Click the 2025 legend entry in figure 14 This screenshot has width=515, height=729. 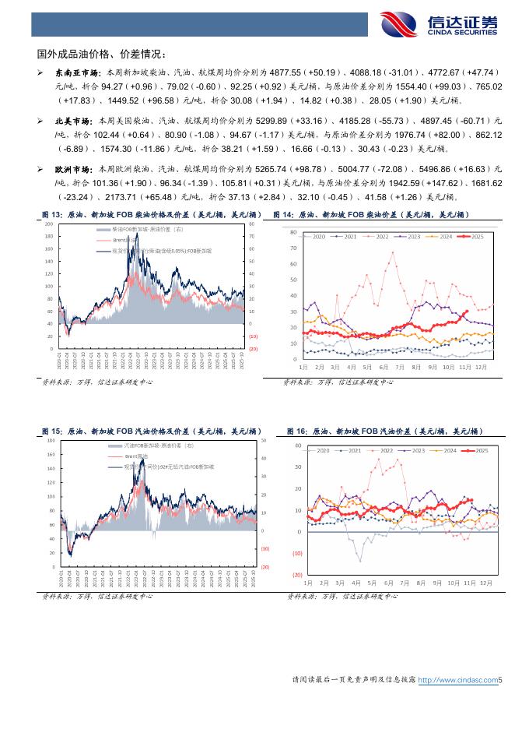(x=474, y=236)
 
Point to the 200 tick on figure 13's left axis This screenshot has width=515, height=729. (x=50, y=224)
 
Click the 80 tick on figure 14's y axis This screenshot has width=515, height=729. (x=293, y=233)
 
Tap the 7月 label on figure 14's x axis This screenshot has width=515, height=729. (x=399, y=365)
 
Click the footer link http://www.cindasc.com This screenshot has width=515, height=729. (x=457, y=680)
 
